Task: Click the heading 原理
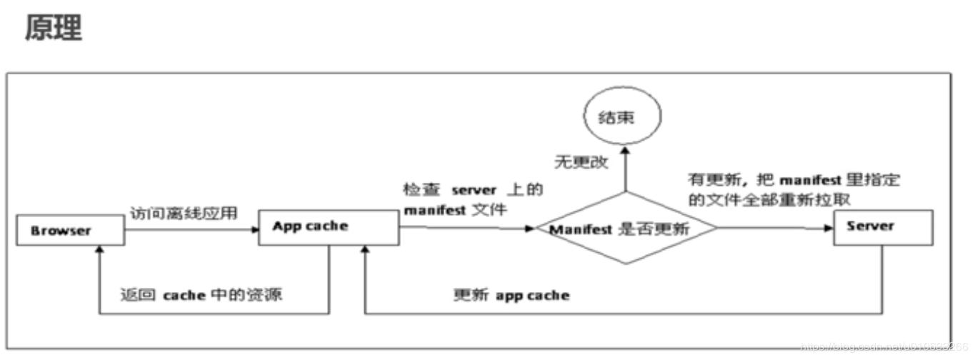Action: [54, 29]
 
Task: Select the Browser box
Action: [61, 231]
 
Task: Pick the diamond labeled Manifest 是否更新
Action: [626, 229]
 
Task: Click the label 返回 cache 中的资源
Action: [201, 295]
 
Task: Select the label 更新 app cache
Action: [511, 295]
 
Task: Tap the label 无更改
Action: [581, 162]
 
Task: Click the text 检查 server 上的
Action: [474, 191]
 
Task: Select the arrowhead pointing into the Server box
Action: [829, 229]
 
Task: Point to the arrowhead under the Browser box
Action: [99, 250]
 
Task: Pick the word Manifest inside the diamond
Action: [571, 229]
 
